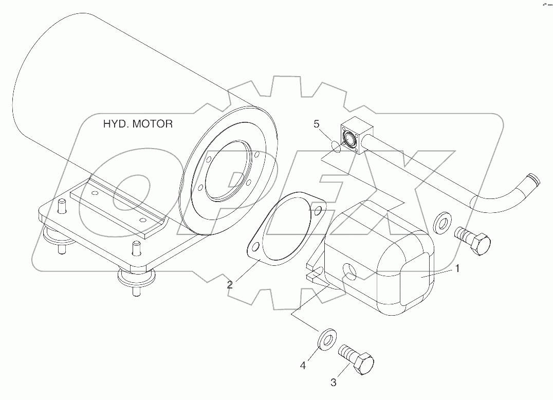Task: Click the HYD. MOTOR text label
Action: pyautogui.click(x=138, y=124)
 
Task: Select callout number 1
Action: pyautogui.click(x=457, y=267)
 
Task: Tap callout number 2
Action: pyautogui.click(x=230, y=284)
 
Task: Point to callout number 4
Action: pyautogui.click(x=303, y=365)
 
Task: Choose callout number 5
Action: pyautogui.click(x=317, y=124)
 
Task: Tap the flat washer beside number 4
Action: pyautogui.click(x=325, y=339)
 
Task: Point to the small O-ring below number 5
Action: pyautogui.click(x=335, y=148)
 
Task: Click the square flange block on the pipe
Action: pyautogui.click(x=354, y=136)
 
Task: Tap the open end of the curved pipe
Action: pyautogui.click(x=534, y=180)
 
